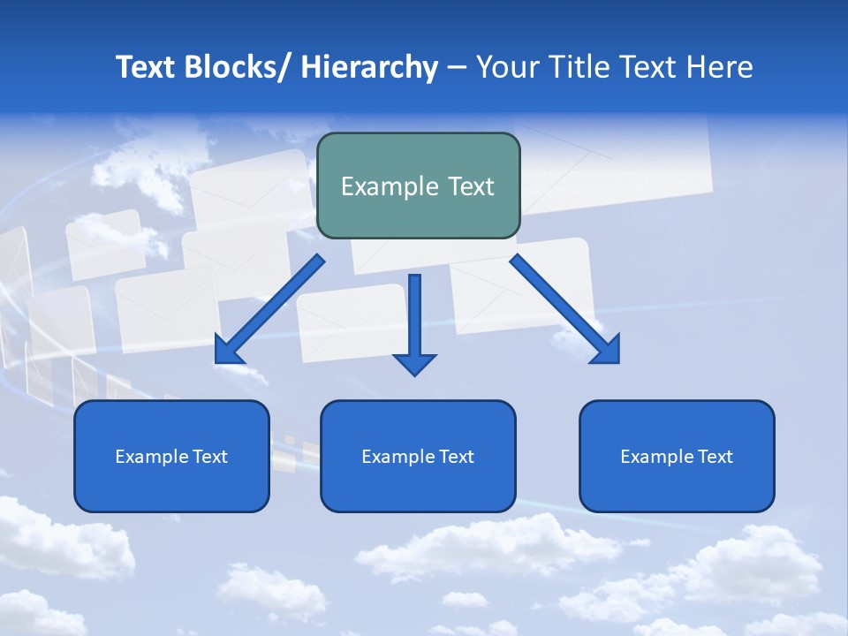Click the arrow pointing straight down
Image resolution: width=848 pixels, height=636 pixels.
click(414, 318)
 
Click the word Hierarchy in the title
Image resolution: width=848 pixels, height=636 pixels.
click(369, 67)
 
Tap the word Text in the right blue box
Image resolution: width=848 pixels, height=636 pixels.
click(715, 457)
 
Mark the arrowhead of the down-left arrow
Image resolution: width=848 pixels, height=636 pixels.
click(229, 350)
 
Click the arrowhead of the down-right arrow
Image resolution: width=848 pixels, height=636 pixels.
click(606, 349)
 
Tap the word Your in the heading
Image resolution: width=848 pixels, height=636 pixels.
click(506, 67)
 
